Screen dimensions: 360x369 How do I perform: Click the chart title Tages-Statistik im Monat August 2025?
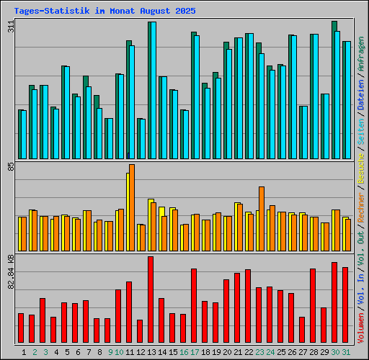(105, 12)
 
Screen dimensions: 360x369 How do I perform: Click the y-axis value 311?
(10, 27)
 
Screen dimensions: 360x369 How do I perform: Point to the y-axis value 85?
(10, 167)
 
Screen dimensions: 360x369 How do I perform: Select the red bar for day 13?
(151, 300)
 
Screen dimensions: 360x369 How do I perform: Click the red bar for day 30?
(334, 302)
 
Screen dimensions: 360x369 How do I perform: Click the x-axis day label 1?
(25, 352)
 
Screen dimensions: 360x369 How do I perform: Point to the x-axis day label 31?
(346, 352)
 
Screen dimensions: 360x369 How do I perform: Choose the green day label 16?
(184, 352)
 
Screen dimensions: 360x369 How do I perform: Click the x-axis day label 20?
(227, 352)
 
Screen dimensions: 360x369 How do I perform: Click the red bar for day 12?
(140, 331)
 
